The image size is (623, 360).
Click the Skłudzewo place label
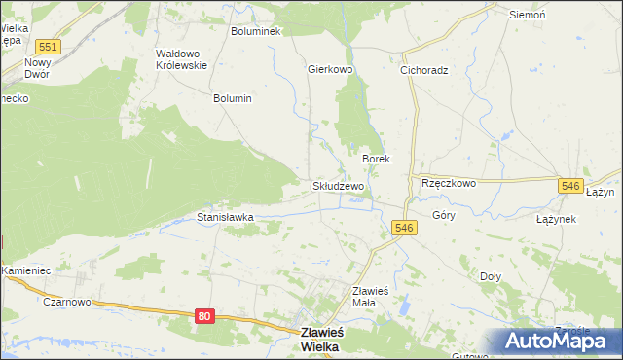(x=338, y=186)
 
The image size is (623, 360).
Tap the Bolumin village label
(x=233, y=98)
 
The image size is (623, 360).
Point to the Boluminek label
(x=255, y=31)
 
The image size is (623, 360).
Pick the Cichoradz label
(x=423, y=70)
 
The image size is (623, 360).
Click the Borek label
(x=376, y=158)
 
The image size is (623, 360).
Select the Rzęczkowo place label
(x=448, y=183)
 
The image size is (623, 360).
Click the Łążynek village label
(x=556, y=219)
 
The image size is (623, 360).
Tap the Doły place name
(x=491, y=276)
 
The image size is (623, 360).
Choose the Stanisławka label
(x=225, y=218)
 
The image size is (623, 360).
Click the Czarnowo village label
(x=66, y=302)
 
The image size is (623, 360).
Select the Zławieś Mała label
(x=370, y=296)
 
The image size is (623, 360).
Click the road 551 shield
(x=47, y=47)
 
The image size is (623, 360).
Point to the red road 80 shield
(x=203, y=316)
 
